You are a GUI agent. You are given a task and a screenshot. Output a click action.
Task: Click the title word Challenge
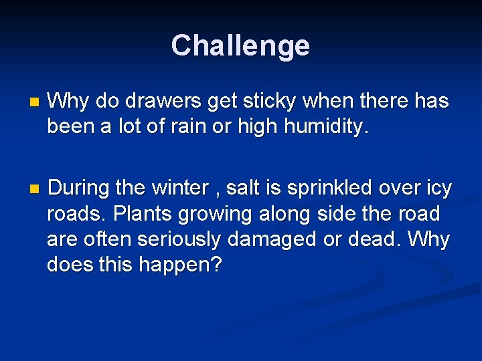(240, 46)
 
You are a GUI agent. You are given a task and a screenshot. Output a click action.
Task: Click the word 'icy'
(437, 189)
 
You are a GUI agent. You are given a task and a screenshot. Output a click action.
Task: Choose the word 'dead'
(377, 239)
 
